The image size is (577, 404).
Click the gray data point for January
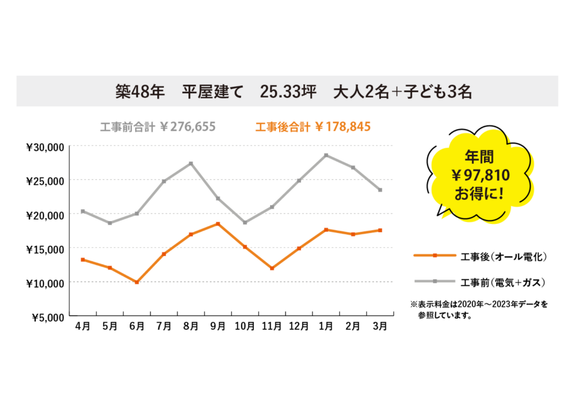tap(326, 155)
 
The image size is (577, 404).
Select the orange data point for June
tap(137, 282)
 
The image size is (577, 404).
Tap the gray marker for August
tap(191, 164)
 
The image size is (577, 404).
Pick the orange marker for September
tap(218, 224)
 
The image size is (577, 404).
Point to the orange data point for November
tap(272, 268)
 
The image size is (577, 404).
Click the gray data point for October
tap(245, 223)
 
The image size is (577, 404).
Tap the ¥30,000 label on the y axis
tap(45, 147)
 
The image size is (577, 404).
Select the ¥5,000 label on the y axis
tap(48, 317)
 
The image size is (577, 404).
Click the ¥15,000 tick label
tap(45, 249)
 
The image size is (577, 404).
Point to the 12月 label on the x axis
tap(299, 326)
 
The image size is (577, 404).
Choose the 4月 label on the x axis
tap(83, 326)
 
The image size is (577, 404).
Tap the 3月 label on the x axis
tap(380, 326)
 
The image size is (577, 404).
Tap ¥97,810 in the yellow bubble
tap(481, 175)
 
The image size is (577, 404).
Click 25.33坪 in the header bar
tap(288, 92)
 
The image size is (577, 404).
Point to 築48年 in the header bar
tap(140, 92)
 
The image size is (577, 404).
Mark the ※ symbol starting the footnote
tap(414, 304)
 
